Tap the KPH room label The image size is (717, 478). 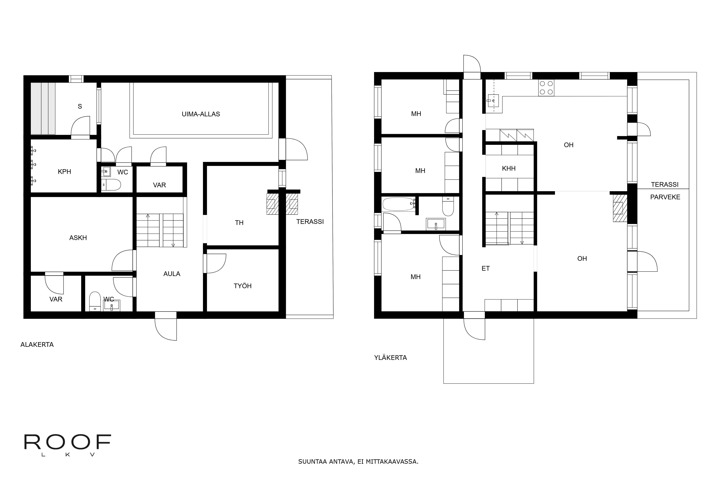[64, 172]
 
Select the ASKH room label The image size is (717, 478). [78, 238]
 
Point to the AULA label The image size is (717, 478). [172, 274]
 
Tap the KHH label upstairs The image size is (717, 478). [509, 168]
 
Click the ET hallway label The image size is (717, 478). [486, 268]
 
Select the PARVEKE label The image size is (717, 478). [665, 197]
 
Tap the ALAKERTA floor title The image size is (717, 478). [37, 344]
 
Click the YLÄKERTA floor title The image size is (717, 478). [391, 358]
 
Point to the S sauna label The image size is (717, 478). [80, 106]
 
